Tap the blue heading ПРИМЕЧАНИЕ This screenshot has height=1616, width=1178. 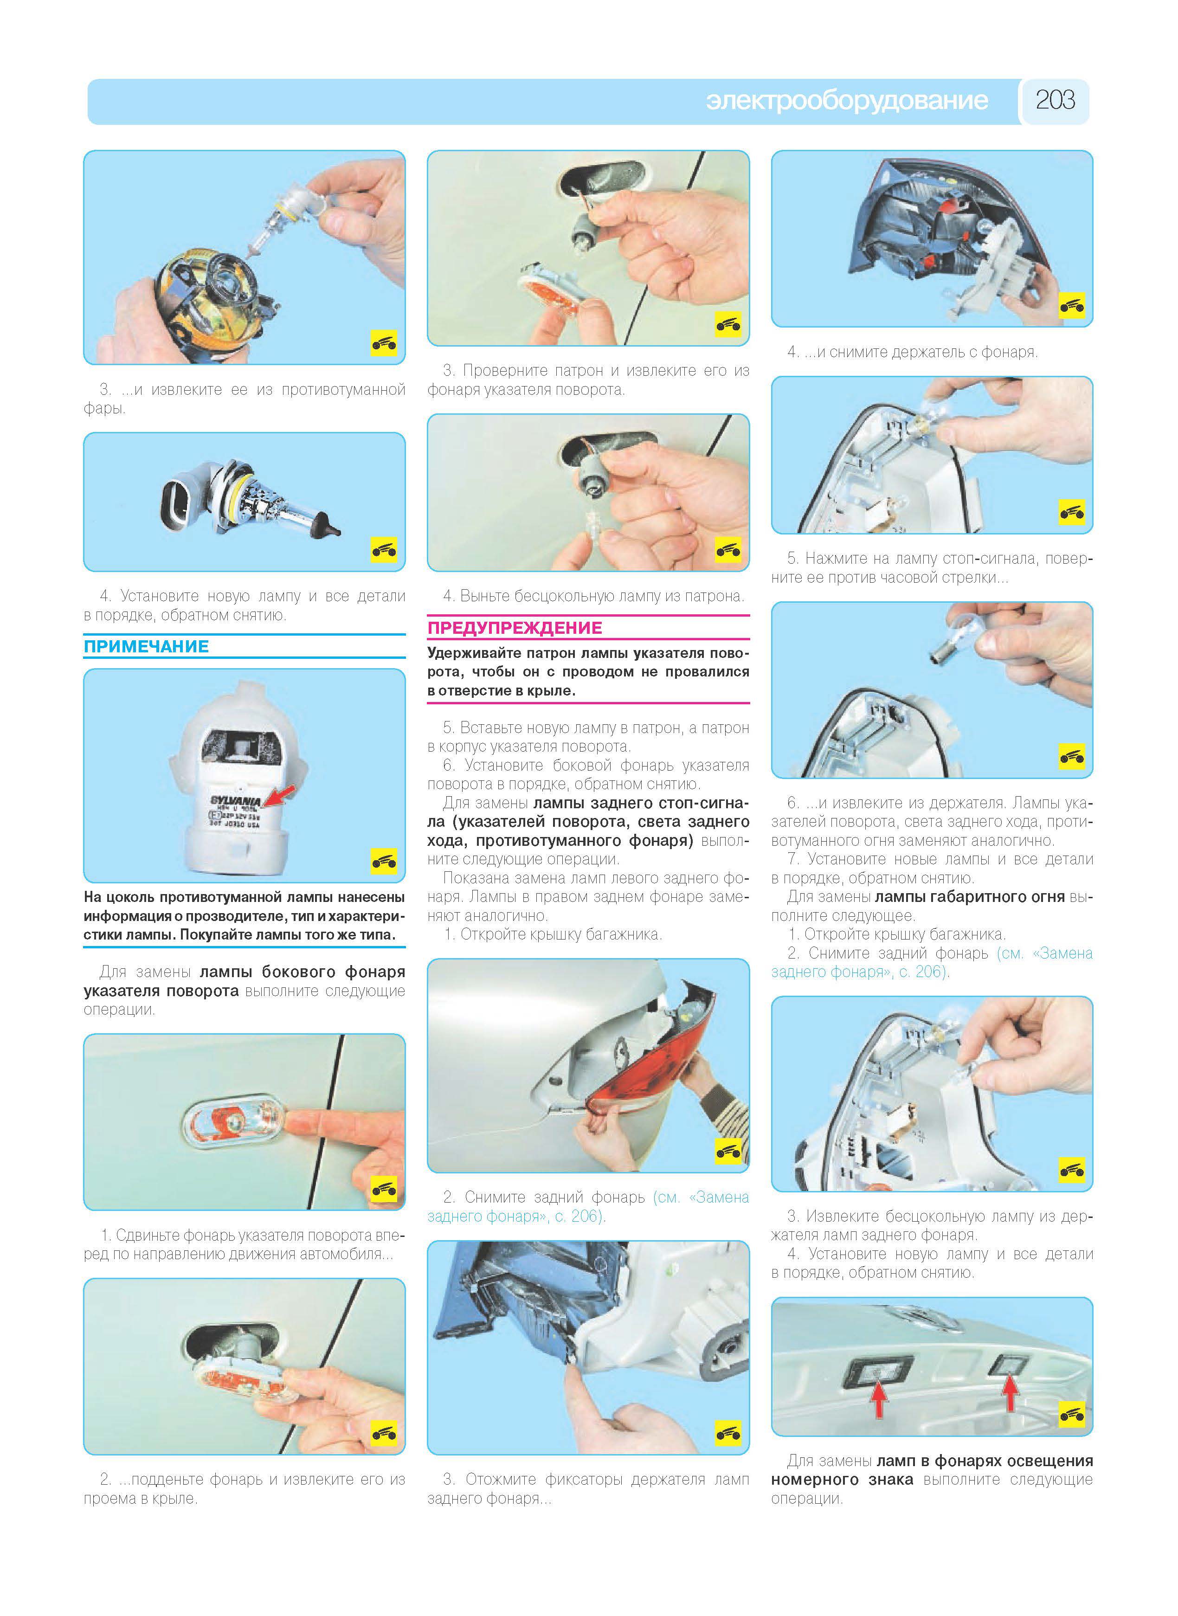click(146, 646)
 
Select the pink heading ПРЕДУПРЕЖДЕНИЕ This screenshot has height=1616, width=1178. click(515, 628)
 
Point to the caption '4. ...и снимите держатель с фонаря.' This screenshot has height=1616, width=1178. click(912, 352)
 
